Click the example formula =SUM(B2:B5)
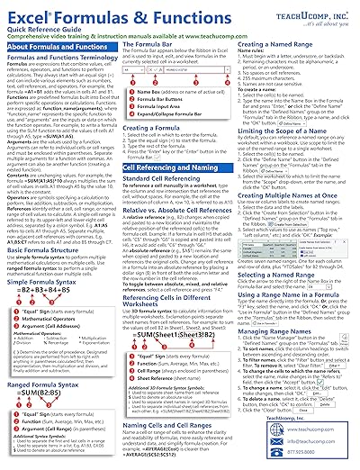click(54, 373)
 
